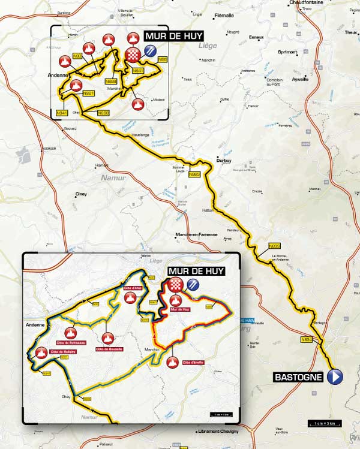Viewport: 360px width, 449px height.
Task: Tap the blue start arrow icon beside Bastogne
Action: (x=335, y=377)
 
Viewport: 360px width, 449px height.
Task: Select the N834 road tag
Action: (x=307, y=340)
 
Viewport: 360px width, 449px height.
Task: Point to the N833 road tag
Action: (x=274, y=245)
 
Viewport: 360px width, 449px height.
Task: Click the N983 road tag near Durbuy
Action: (x=194, y=174)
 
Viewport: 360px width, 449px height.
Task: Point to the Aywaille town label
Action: (x=300, y=79)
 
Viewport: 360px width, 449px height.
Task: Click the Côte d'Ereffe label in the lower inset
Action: (x=194, y=363)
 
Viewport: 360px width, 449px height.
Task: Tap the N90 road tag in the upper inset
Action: (x=77, y=56)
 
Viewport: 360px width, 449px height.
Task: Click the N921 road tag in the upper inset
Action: (x=88, y=93)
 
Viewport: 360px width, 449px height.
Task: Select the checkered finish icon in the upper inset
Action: (x=133, y=56)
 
